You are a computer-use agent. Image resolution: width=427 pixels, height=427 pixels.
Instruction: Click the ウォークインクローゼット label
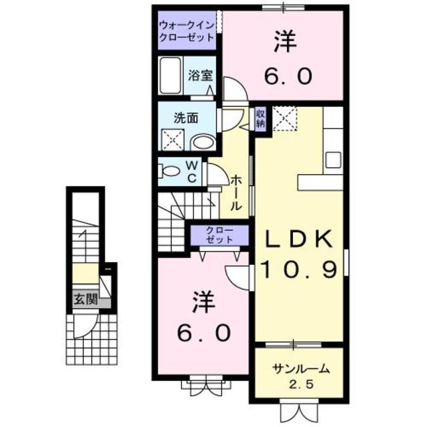click(x=187, y=32)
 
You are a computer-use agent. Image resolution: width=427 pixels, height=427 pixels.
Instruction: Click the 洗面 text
click(x=186, y=118)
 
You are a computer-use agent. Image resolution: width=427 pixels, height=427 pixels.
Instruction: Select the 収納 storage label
click(x=261, y=119)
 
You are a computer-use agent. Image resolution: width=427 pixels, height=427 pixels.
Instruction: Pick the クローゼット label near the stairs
click(x=216, y=234)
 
